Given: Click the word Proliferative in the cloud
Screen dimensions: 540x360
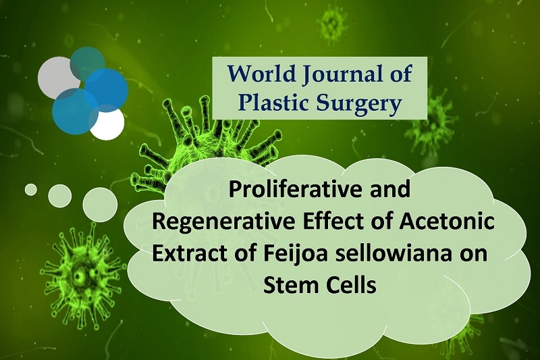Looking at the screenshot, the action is coord(294,190).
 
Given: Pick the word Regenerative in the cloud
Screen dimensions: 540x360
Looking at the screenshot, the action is coord(223,222).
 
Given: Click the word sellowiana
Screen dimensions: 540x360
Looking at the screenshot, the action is coord(389,253).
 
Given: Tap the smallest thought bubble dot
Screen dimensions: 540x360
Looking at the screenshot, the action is coord(31,190).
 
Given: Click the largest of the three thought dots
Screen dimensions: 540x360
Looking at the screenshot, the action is coord(100,205).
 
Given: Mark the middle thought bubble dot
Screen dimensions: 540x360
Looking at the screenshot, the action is coord(60,196).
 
